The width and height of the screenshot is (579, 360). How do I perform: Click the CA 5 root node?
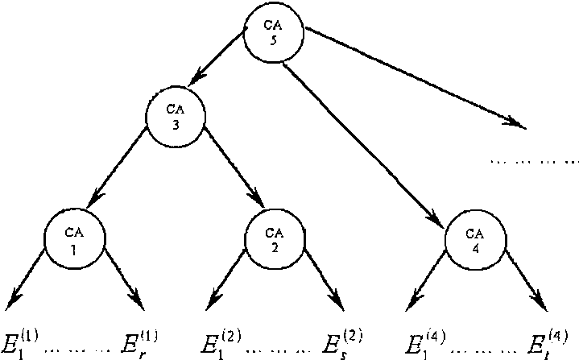click(274, 33)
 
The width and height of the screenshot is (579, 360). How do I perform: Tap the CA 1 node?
click(74, 238)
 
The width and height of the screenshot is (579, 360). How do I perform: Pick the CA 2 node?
click(275, 238)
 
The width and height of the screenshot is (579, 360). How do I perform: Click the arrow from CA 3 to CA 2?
click(234, 169)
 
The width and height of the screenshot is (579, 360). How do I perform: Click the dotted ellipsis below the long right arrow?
click(534, 161)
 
